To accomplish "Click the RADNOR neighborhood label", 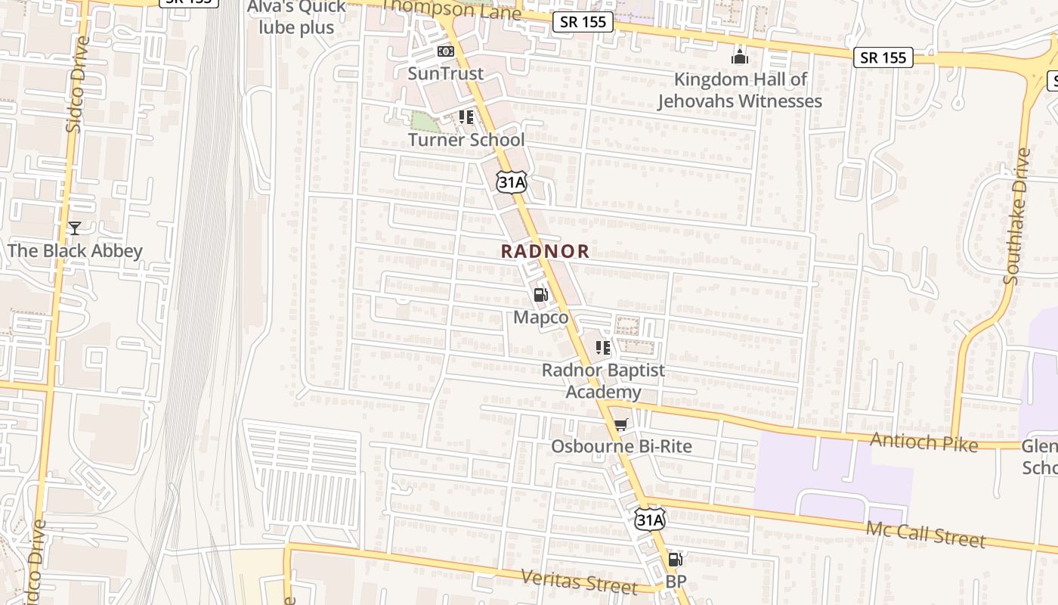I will pos(545,252).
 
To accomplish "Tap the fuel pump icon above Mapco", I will pos(541,295).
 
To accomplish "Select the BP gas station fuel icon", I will pos(676,560).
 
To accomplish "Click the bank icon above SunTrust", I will pos(446,51).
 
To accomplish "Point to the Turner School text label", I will pos(466,140).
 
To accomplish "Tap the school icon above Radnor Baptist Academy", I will pos(602,348).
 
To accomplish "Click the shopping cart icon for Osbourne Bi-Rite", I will pos(620,425).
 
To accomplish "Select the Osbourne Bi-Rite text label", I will pos(620,446).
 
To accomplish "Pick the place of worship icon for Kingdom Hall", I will pos(739,57).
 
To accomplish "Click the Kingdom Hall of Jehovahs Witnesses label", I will pos(739,90).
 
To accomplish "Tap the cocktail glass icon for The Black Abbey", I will pos(74,228).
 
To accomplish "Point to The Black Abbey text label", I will pos(74,250).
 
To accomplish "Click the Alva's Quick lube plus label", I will pos(296,17).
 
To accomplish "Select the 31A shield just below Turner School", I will pos(511,181).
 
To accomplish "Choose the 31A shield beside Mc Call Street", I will pos(649,520).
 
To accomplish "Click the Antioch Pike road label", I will pos(923,442).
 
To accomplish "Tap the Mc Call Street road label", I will pos(925,534).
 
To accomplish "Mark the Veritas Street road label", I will pos(579,582).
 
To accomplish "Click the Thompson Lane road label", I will pos(452,11).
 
